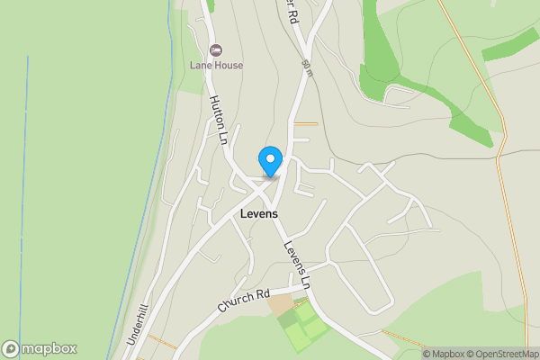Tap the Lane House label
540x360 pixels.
coord(215,65)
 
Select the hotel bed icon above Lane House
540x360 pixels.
coord(215,49)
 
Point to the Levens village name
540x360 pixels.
coord(260,214)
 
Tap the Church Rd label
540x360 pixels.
coord(244,301)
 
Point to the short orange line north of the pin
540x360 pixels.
coord(306,123)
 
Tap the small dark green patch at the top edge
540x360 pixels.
coord(210,4)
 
